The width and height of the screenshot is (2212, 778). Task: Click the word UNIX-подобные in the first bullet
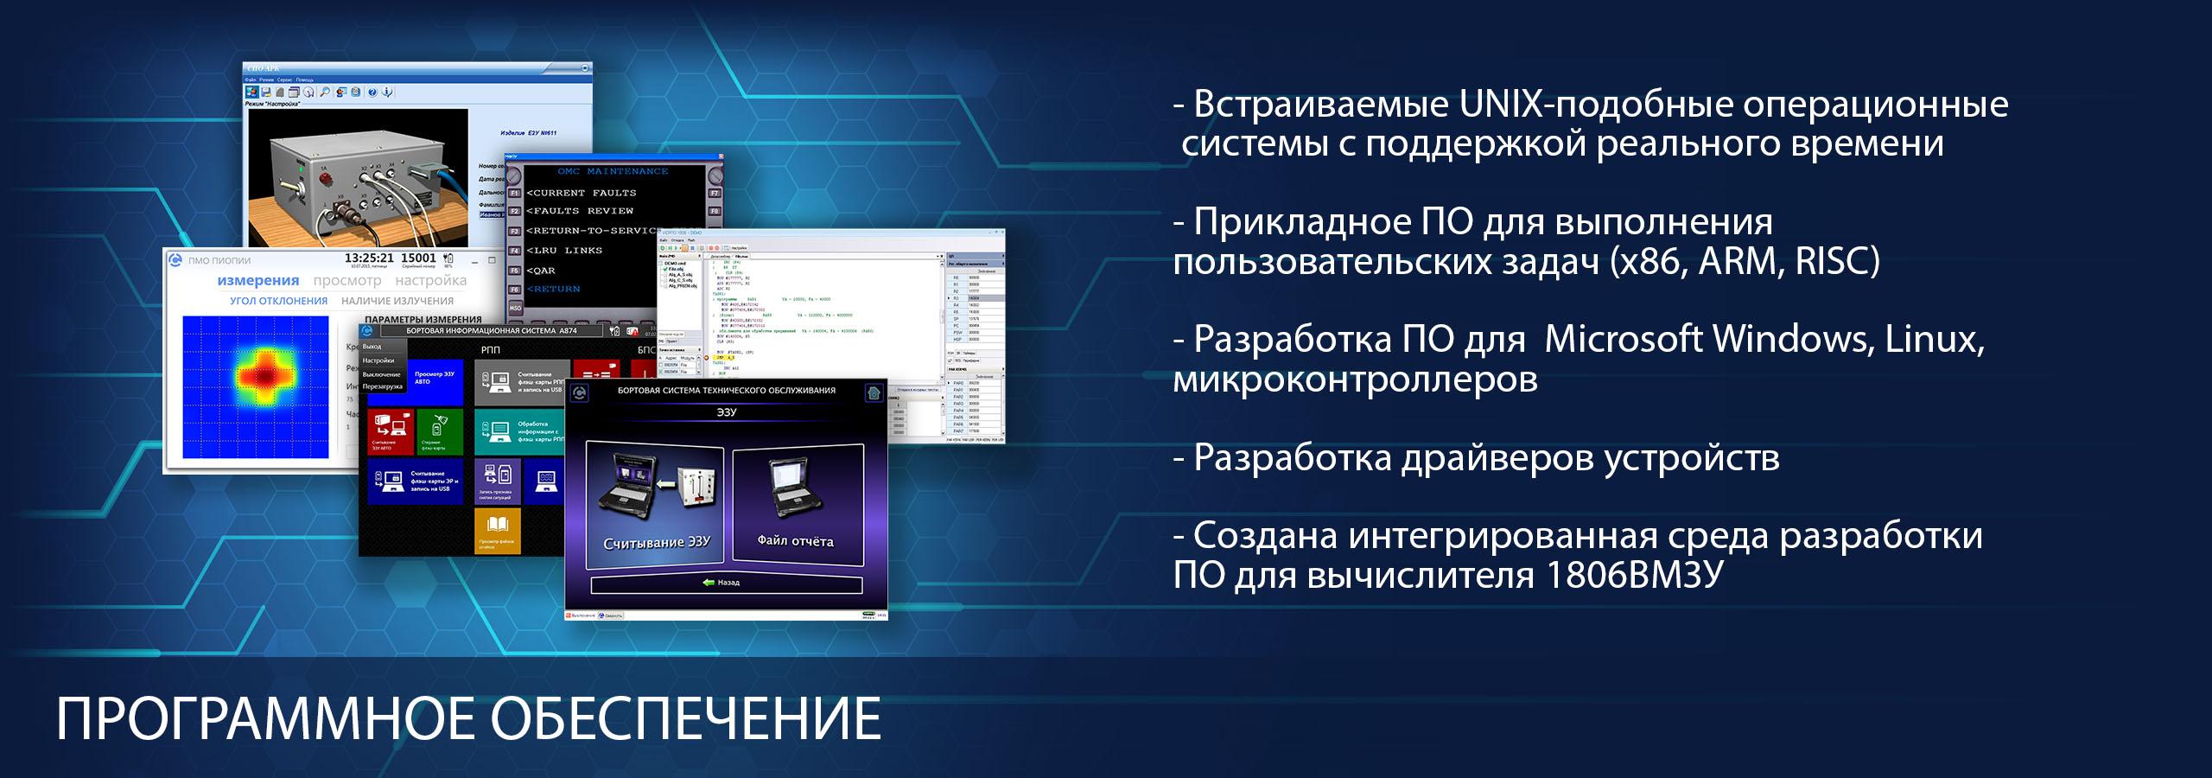pyautogui.click(x=1595, y=105)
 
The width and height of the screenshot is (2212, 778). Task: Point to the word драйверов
pyautogui.click(x=1497, y=458)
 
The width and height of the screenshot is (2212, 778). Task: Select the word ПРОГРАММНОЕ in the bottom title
pyautogui.click(x=265, y=719)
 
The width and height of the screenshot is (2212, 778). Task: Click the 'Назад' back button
pyautogui.click(x=726, y=583)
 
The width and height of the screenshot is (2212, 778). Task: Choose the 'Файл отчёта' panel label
pyautogui.click(x=796, y=541)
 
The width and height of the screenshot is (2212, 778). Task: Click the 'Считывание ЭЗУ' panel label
pyautogui.click(x=656, y=542)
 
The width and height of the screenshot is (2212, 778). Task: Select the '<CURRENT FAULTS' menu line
pyautogui.click(x=582, y=193)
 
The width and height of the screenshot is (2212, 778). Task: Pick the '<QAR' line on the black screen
pyautogui.click(x=541, y=271)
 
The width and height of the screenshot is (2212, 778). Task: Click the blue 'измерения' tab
pyautogui.click(x=257, y=281)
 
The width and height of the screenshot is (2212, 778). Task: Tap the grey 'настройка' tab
pyautogui.click(x=430, y=281)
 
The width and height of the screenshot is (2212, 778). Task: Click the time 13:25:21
pyautogui.click(x=369, y=258)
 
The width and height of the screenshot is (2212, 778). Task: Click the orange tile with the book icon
pyautogui.click(x=497, y=528)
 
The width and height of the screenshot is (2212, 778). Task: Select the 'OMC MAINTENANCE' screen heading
pyautogui.click(x=613, y=171)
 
